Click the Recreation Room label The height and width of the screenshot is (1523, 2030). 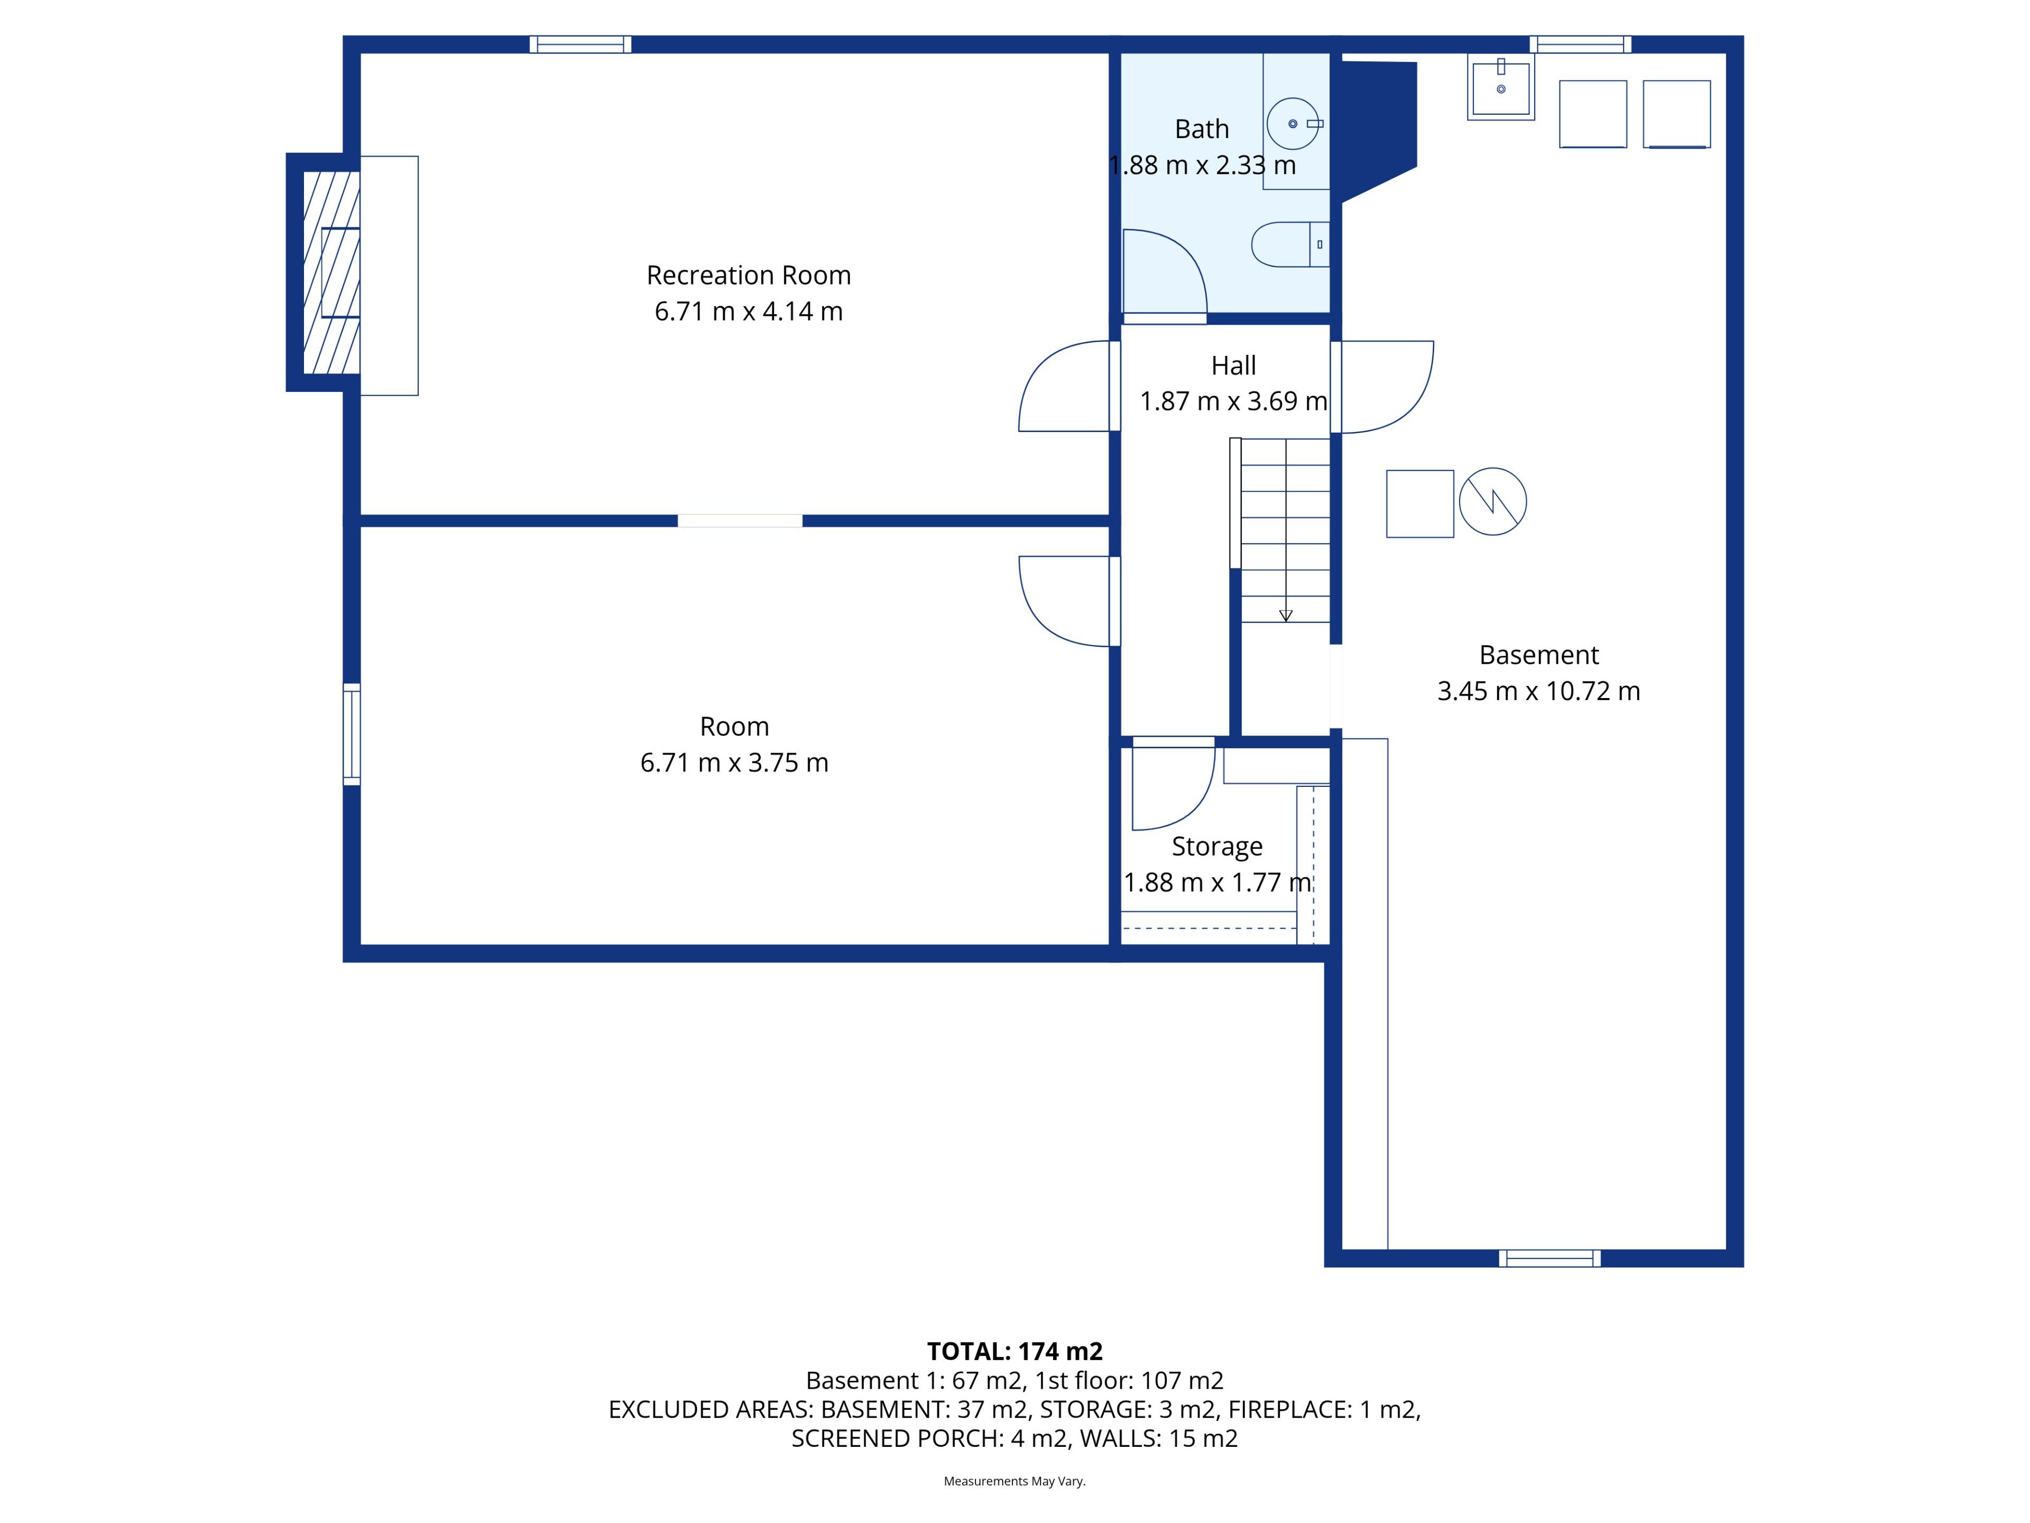749,276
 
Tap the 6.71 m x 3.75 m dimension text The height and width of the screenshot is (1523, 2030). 734,763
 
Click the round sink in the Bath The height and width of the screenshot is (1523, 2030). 1293,124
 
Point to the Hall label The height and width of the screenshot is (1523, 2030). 1233,365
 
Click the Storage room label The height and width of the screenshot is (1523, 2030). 1217,847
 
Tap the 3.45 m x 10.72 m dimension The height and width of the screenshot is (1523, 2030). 1539,691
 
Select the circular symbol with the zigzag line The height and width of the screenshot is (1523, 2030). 1493,502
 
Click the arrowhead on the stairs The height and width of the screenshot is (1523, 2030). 1286,616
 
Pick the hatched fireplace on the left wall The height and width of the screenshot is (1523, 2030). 331,273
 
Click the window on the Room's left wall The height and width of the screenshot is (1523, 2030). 352,735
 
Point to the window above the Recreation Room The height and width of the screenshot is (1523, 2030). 580,44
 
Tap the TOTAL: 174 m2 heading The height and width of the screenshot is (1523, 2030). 1015,1351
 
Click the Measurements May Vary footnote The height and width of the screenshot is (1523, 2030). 1015,1481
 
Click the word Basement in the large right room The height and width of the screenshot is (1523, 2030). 1539,655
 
